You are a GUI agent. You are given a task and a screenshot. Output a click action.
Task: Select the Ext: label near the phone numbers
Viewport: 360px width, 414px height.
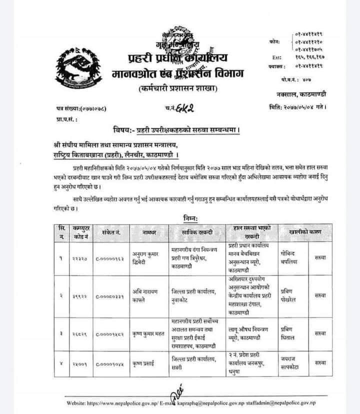tap(278, 57)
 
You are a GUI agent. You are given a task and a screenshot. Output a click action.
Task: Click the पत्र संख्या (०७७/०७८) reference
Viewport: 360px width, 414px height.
tap(79, 107)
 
